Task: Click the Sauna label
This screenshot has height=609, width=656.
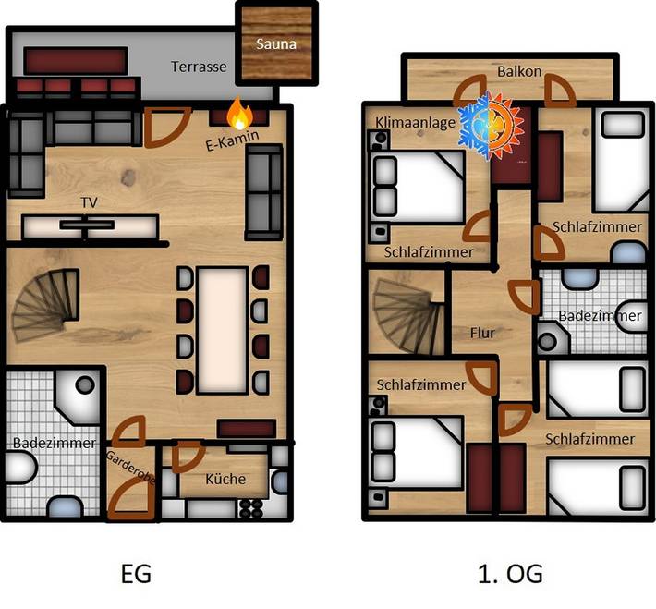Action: click(276, 43)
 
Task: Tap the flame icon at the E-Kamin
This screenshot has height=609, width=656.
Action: click(240, 115)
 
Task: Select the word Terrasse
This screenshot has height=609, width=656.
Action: click(199, 67)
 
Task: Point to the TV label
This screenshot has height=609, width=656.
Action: click(90, 201)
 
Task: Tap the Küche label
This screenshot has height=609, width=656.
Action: click(226, 479)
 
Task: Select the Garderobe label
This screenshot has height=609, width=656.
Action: click(122, 469)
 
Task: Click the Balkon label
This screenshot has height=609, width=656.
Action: click(518, 71)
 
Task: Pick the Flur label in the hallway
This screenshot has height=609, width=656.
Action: click(483, 332)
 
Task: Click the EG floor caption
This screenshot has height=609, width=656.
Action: click(137, 574)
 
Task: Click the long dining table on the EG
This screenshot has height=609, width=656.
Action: click(222, 327)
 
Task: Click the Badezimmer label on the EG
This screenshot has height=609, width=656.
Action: click(54, 444)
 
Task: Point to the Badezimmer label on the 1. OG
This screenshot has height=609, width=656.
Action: click(601, 316)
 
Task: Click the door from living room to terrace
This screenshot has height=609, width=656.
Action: click(166, 128)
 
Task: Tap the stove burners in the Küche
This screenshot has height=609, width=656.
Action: click(251, 508)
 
